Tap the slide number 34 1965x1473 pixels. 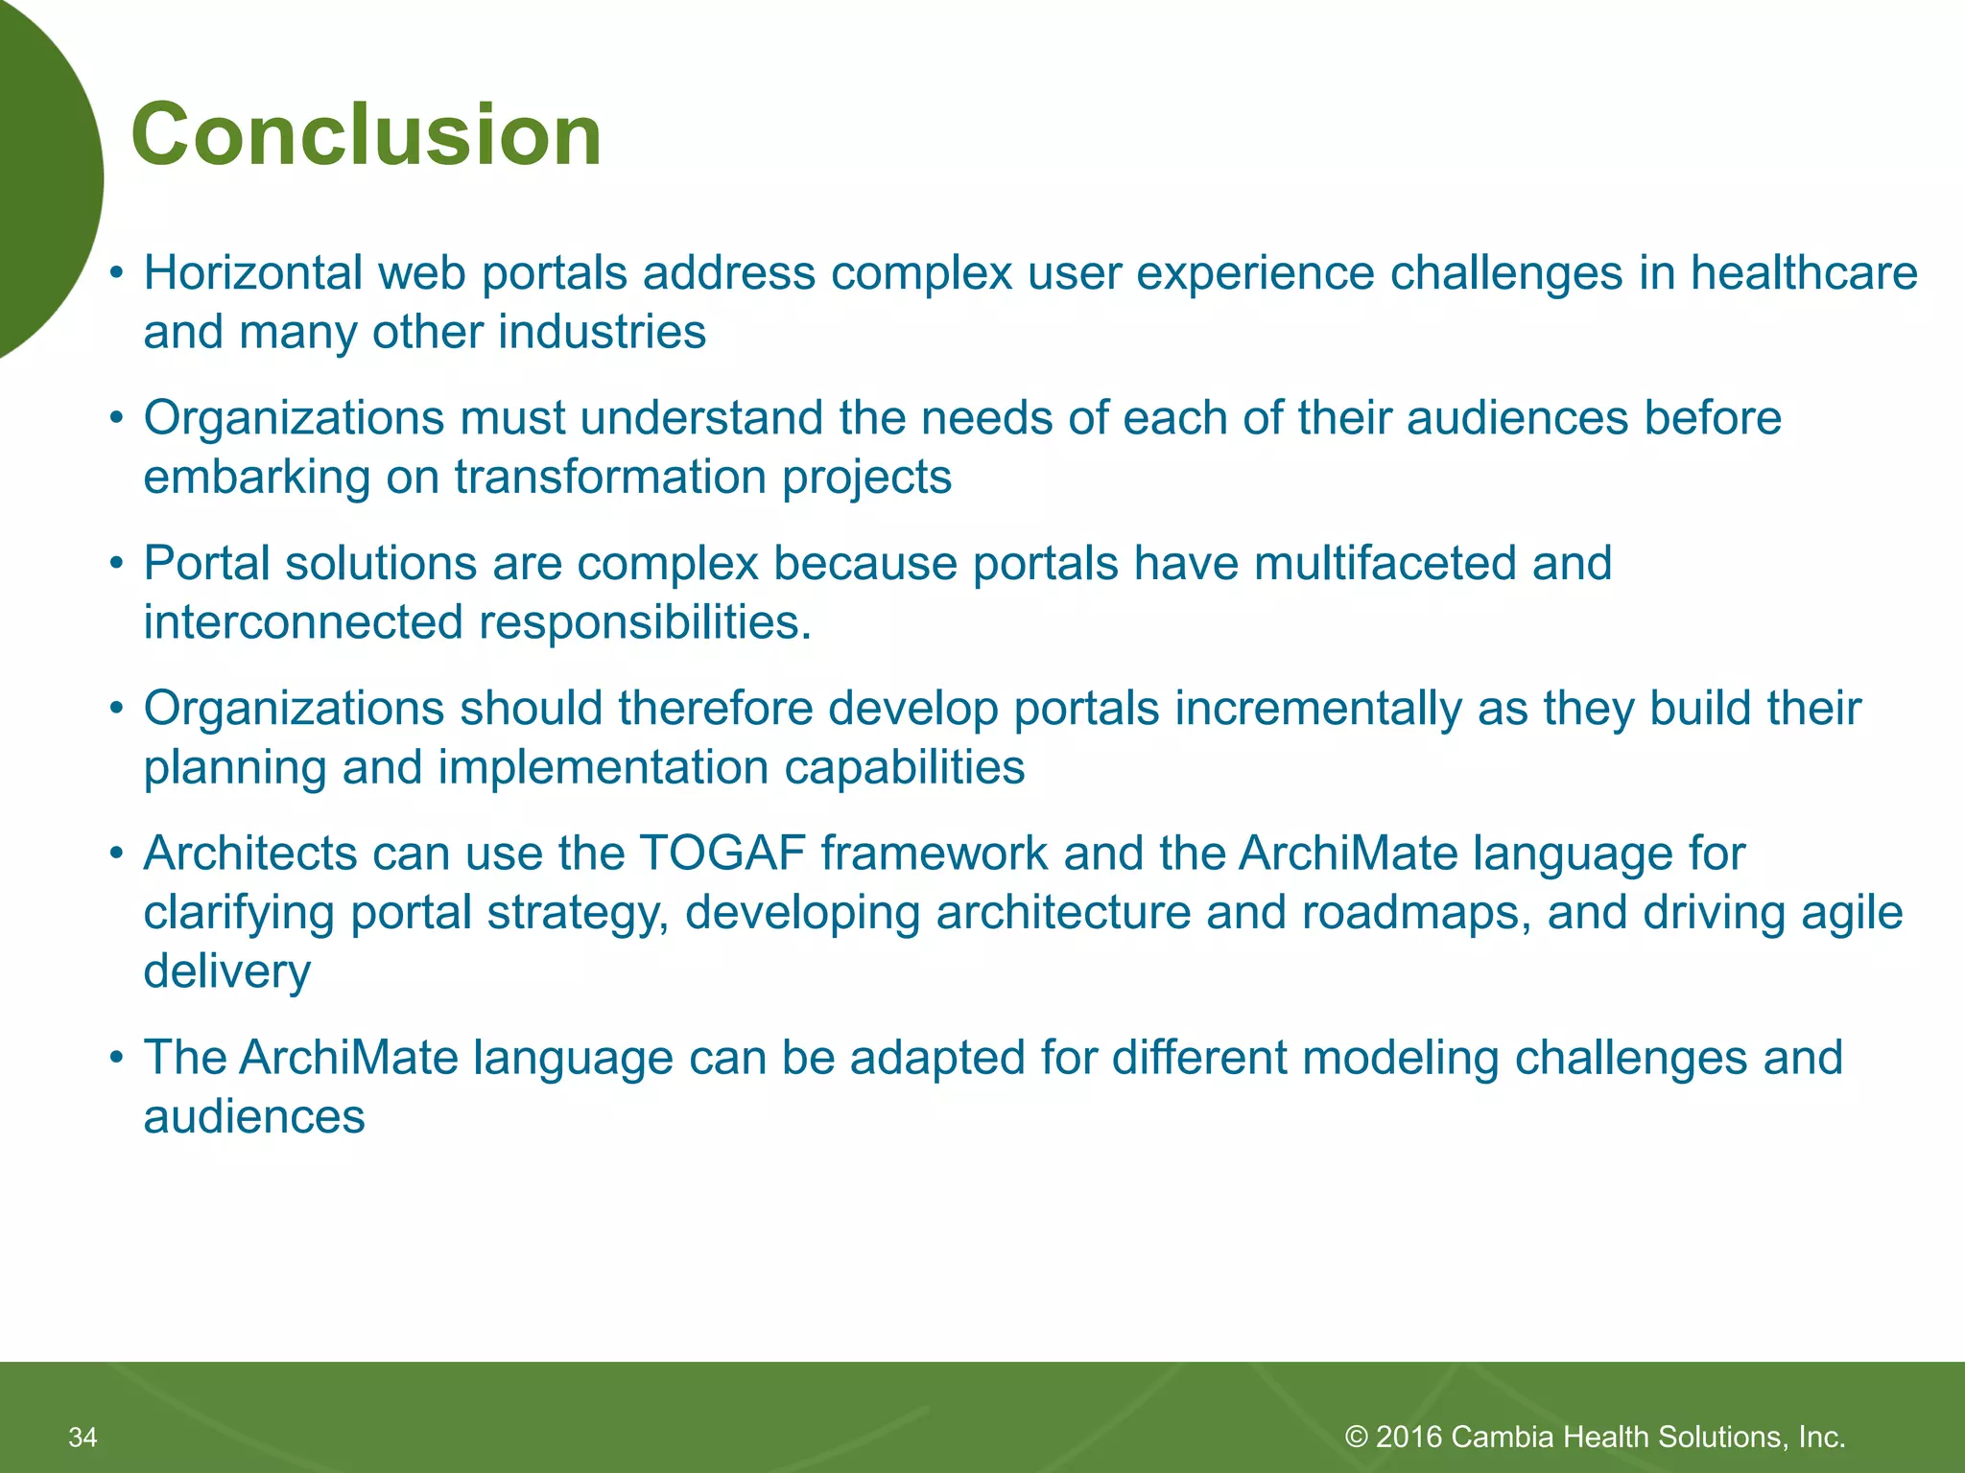point(83,1437)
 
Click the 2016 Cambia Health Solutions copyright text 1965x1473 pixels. point(1595,1437)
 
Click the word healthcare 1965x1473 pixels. point(1803,273)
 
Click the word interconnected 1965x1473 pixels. point(303,623)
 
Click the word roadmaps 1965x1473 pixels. point(1415,913)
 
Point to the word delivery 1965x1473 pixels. point(226,972)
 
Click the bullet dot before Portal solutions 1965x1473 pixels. point(116,564)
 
